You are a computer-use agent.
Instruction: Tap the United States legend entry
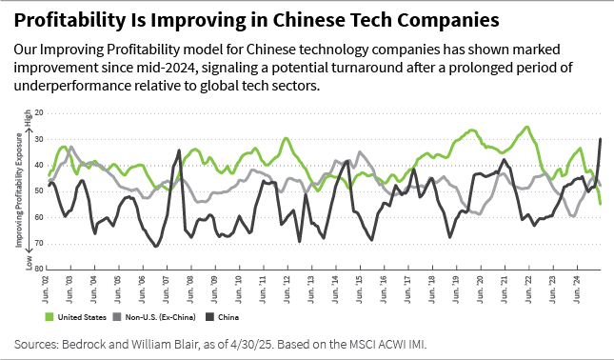click(80, 315)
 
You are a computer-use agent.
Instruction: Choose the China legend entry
click(221, 315)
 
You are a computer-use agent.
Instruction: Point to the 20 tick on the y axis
click(39, 113)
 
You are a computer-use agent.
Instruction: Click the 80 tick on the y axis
click(39, 269)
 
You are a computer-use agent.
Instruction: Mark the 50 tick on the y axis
click(39, 191)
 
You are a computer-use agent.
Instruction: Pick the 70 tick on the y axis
click(39, 243)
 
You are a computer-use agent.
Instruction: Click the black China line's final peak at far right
click(600, 139)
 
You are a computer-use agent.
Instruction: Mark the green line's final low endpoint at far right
click(600, 204)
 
